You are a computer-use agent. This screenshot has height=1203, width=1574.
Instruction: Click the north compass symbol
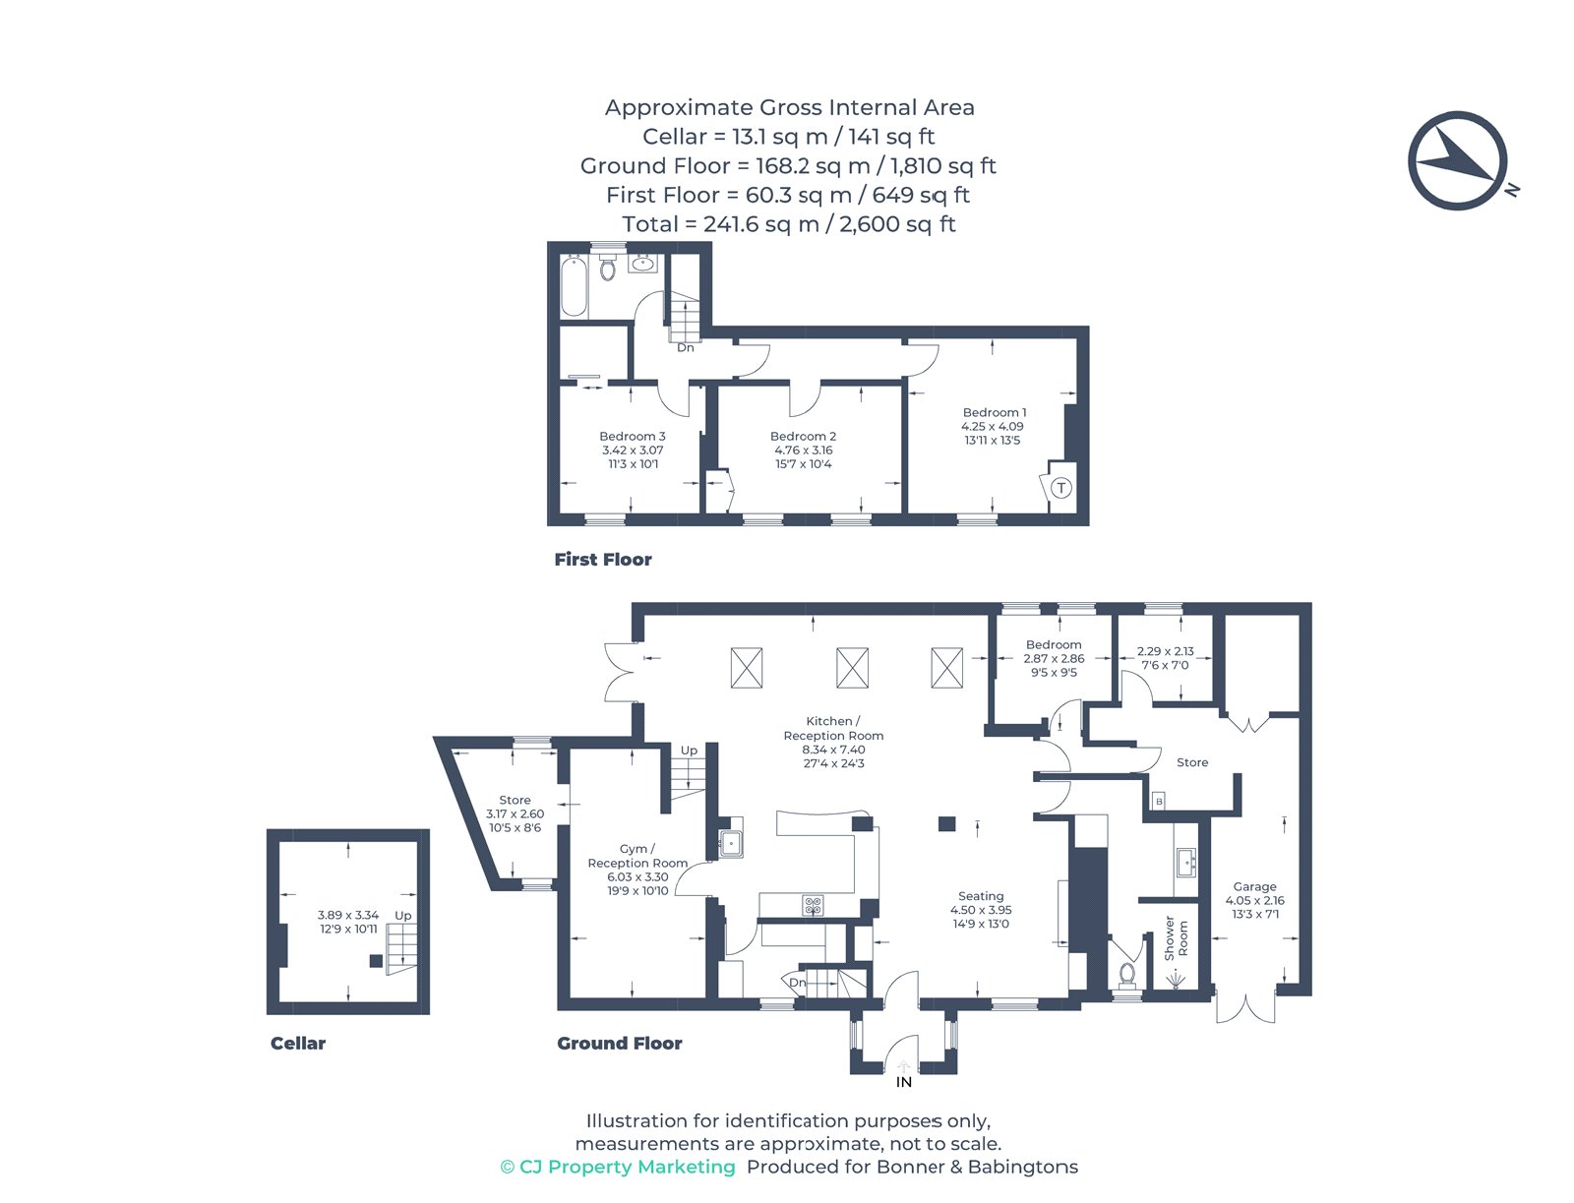(x=1457, y=160)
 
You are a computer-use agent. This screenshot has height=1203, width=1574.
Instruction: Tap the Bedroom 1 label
(x=994, y=412)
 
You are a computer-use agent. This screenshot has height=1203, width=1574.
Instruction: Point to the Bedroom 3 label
(x=633, y=436)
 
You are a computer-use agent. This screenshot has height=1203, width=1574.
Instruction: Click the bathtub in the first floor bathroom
(x=574, y=285)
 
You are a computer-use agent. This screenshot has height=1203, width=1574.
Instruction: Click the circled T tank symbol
(x=1060, y=488)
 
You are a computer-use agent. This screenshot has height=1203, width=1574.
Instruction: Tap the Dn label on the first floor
(x=686, y=347)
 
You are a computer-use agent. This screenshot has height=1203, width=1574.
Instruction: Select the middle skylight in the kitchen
(x=852, y=668)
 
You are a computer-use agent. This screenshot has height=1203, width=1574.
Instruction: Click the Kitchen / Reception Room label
(x=833, y=728)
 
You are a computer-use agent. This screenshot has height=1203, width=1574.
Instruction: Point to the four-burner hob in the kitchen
(x=813, y=905)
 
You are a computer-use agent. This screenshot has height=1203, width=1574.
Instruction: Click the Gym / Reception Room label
(x=637, y=856)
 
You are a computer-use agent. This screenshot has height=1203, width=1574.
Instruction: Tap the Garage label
(x=1254, y=886)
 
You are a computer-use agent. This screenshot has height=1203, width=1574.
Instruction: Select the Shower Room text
(x=1176, y=938)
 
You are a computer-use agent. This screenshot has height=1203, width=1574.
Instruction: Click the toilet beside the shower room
(x=1127, y=974)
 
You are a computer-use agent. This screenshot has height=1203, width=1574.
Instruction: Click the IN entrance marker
(x=903, y=1082)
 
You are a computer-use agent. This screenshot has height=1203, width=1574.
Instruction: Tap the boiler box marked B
(x=1159, y=801)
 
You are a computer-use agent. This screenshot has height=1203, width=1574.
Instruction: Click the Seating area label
(x=981, y=896)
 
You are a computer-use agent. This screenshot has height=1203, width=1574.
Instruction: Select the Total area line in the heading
(x=788, y=224)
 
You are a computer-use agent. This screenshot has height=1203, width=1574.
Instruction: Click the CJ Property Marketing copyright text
(x=618, y=1167)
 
